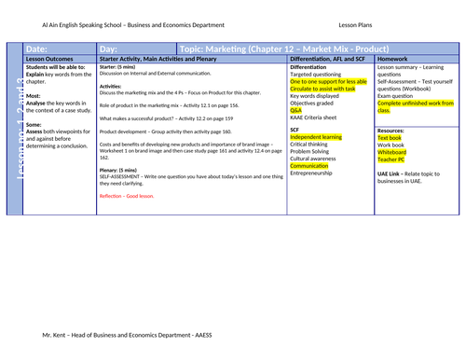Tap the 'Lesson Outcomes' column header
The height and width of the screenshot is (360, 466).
[x=48, y=59]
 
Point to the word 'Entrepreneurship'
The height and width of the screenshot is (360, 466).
[x=317, y=173]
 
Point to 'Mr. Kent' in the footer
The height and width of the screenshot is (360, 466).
[x=59, y=332]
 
